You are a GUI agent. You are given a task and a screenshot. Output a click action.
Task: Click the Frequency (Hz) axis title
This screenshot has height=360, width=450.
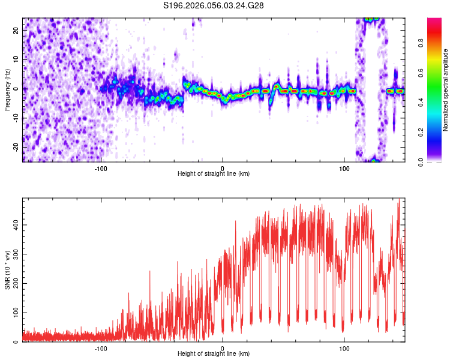point(7,89)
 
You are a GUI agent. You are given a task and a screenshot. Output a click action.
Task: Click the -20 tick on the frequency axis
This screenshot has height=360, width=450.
point(15,148)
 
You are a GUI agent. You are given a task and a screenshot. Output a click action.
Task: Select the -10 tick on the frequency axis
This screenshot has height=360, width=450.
point(15,118)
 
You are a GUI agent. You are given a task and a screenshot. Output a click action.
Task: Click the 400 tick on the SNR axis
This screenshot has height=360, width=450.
point(14,224)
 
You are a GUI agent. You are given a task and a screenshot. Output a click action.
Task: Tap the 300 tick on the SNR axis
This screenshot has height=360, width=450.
point(14,254)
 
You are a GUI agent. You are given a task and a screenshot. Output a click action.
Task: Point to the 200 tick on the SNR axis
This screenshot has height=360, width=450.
point(14,283)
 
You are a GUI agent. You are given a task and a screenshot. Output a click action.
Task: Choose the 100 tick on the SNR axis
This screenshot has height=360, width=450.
point(14,313)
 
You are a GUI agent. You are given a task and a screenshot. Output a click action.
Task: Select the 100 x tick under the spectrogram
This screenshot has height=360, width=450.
point(344,168)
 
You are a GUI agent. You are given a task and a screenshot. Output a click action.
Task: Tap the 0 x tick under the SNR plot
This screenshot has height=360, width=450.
point(223,348)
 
